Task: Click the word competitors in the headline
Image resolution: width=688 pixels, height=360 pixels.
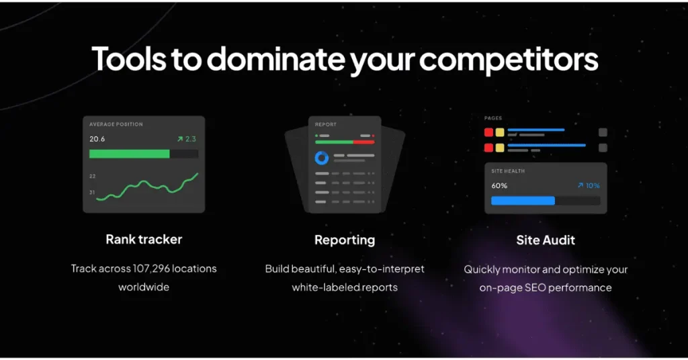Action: [x=509, y=60]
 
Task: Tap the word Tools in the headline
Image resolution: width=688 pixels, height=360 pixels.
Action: [x=129, y=58]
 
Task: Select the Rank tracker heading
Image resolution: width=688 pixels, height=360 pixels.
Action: [x=144, y=239]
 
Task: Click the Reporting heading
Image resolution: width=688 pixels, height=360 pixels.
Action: [x=345, y=240]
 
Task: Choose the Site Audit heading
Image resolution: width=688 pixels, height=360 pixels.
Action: [x=546, y=240]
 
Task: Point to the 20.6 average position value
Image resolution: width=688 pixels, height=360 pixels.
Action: [x=97, y=139]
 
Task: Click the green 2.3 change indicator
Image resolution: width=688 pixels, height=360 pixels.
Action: [x=187, y=139]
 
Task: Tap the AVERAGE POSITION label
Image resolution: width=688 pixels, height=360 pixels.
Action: [x=116, y=124]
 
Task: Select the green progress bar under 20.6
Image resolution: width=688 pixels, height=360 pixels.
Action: [x=130, y=154]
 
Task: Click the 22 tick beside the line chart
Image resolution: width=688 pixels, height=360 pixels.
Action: [x=92, y=176]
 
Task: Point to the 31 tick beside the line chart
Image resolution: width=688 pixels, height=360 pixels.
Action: [x=92, y=193]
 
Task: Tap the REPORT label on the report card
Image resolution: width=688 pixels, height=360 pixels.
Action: [x=326, y=124]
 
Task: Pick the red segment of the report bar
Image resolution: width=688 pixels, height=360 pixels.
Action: [x=363, y=142]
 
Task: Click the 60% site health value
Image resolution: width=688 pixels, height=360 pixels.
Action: [x=499, y=186]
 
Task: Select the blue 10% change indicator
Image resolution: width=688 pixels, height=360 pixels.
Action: [x=589, y=186]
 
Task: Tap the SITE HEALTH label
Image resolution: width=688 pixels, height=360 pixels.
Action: [x=508, y=171]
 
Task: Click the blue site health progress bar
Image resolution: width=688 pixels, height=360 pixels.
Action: [x=523, y=201]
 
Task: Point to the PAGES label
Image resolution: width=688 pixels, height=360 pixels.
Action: [x=493, y=118]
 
